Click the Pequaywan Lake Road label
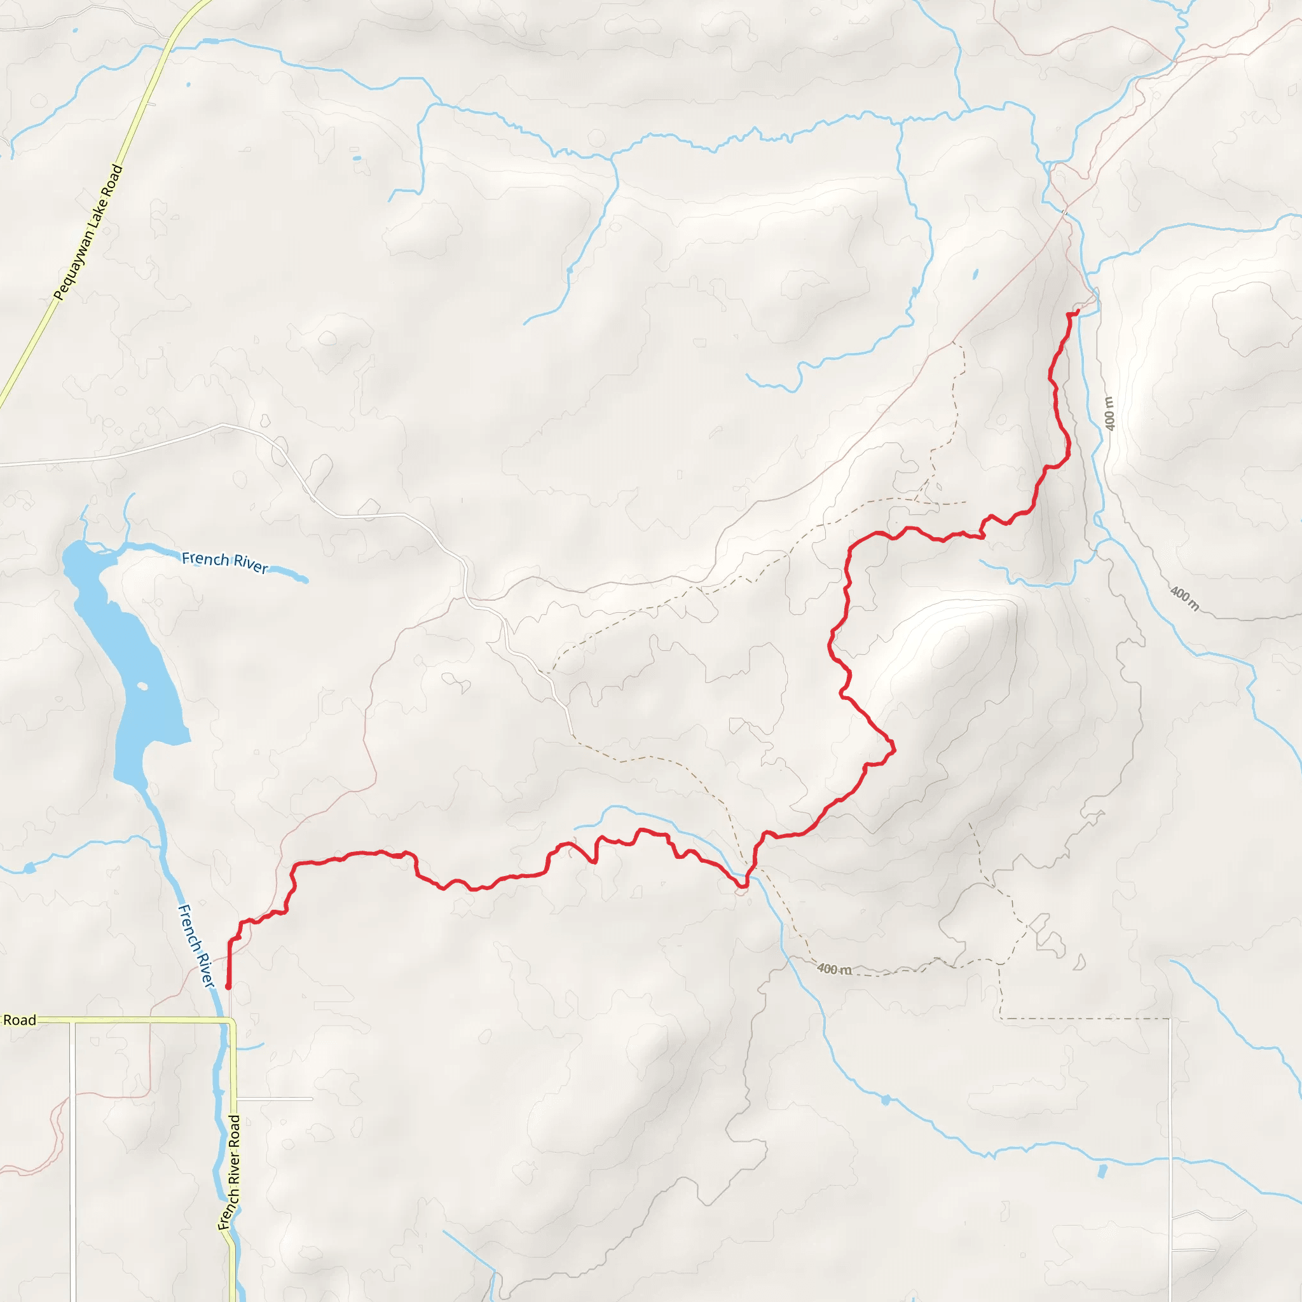88,232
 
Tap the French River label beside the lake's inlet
225,561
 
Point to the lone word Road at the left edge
20,1020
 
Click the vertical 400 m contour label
1109,413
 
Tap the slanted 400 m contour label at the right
1184,598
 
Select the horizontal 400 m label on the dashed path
834,969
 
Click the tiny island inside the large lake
142,687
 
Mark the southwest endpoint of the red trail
228,987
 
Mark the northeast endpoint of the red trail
1077,312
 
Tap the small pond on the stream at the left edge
29,868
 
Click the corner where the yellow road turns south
232,1022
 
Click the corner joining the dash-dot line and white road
1170,1019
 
